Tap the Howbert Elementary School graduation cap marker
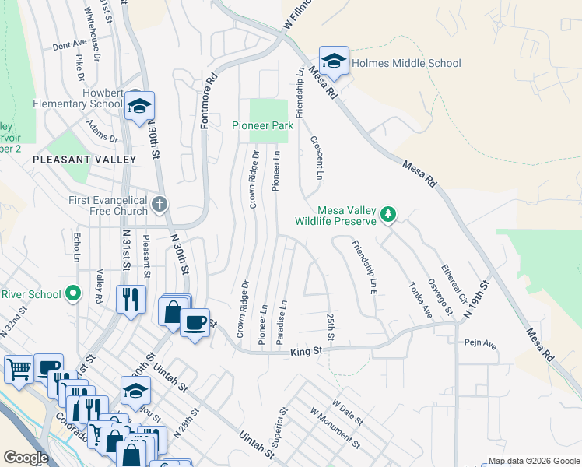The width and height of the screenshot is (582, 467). (139, 107)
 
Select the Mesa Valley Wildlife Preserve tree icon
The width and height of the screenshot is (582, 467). (387, 213)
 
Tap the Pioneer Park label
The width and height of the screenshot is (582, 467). (261, 125)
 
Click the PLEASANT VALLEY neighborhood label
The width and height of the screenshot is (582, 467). (84, 159)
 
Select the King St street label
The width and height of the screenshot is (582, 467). (306, 353)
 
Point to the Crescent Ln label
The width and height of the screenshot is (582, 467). (317, 158)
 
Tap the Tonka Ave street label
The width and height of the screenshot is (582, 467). (419, 299)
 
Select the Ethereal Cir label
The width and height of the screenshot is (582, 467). (454, 284)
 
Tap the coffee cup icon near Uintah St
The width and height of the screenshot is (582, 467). (195, 321)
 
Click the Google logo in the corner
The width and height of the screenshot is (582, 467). (26, 458)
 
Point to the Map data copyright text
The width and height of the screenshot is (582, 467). (533, 461)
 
